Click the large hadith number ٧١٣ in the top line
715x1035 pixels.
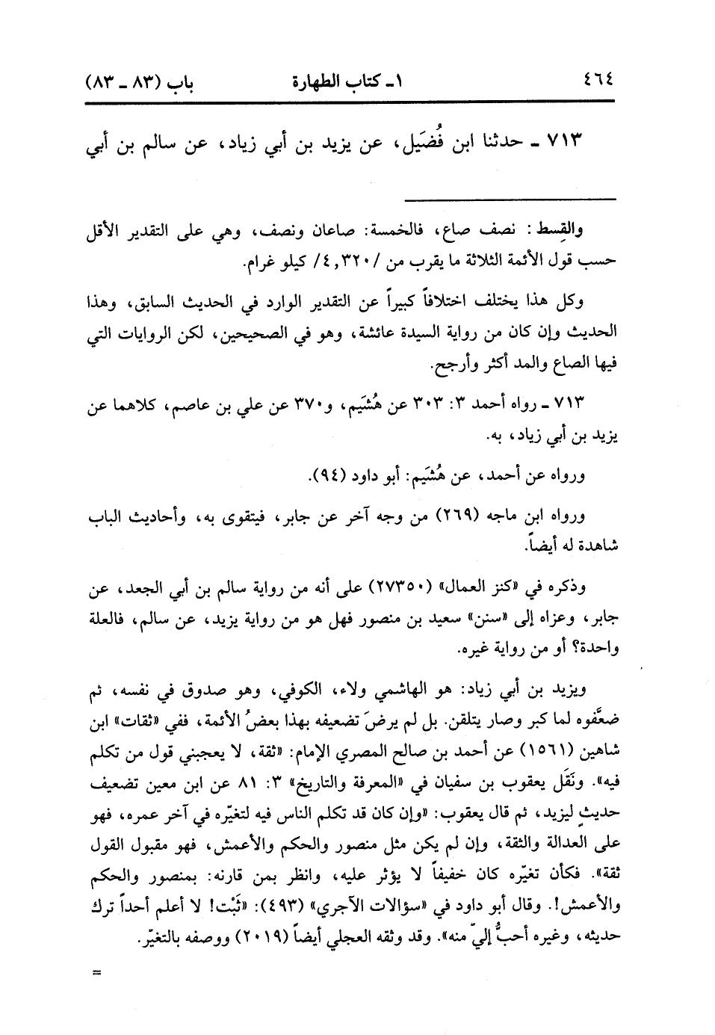click(565, 142)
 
